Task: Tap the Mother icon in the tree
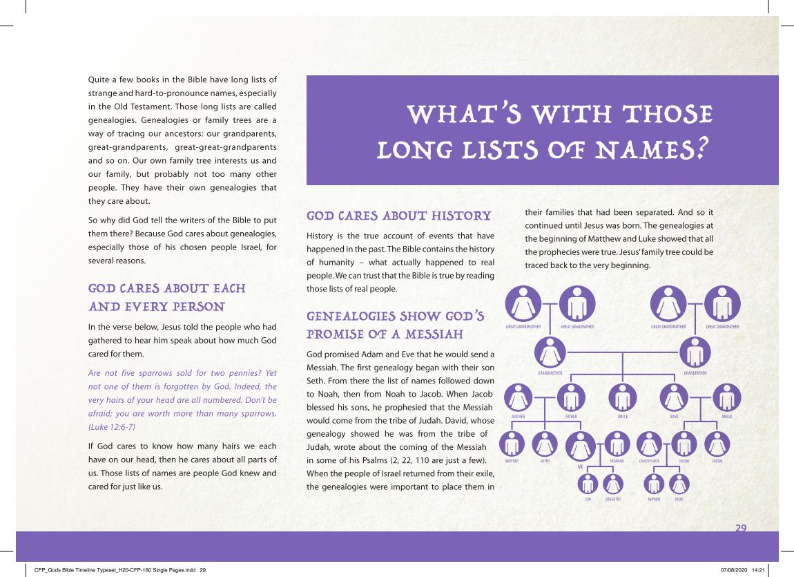pos(519,398)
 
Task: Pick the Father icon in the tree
pos(571,398)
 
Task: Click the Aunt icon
pos(674,398)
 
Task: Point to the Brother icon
pos(512,444)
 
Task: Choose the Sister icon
pos(545,444)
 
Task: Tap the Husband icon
pos(617,444)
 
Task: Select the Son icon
pos(588,484)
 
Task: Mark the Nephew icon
pos(654,484)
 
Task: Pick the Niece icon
pos(679,484)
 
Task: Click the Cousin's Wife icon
pos(649,444)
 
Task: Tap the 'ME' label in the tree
pos(581,468)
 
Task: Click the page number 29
pos(741,528)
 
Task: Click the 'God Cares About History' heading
pos(398,216)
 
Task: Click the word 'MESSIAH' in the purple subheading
pos(429,334)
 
